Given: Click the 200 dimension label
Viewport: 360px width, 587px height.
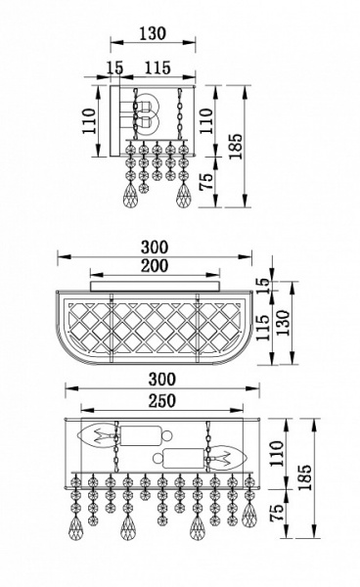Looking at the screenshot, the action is (x=155, y=266).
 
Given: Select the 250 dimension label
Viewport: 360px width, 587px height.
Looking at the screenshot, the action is (x=162, y=401).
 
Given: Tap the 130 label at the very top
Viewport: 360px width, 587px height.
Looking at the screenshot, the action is (x=153, y=33).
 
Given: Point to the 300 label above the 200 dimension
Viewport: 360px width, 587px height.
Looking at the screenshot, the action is (x=155, y=248).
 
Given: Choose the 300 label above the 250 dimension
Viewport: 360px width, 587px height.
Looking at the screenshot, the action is (x=162, y=380).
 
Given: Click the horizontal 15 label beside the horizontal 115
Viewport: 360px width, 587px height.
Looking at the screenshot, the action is (x=114, y=68).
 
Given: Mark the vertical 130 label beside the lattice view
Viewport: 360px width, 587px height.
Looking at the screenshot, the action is (x=283, y=323).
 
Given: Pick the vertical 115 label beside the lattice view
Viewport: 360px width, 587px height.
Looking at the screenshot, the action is (x=263, y=327).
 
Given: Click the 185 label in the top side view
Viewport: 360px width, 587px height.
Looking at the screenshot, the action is (x=236, y=146).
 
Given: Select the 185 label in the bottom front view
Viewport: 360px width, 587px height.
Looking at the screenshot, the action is (x=304, y=477).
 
